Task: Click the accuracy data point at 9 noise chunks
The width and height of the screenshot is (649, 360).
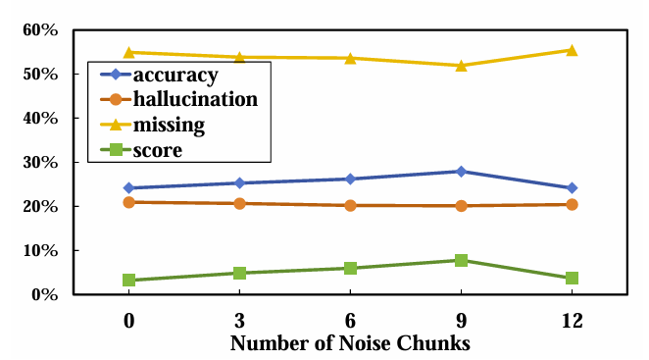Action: [x=461, y=172]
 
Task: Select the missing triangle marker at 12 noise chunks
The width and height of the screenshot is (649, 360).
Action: [x=572, y=50]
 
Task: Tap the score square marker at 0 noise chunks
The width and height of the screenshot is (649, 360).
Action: [x=128, y=280]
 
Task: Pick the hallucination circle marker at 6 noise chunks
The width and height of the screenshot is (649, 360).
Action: [x=350, y=205]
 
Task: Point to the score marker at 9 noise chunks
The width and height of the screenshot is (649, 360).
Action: [x=461, y=260]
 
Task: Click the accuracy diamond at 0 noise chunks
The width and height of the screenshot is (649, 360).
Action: [x=128, y=187]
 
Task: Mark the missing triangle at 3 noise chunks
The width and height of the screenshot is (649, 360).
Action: [x=239, y=57]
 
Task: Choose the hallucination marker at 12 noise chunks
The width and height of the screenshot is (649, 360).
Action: [x=572, y=204]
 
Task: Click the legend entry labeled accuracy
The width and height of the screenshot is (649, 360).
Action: [x=175, y=75]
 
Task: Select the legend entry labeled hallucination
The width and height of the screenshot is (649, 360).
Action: [x=195, y=99]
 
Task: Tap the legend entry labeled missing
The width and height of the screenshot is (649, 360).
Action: [x=169, y=125]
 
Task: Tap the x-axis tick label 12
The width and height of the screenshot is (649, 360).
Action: [x=572, y=320]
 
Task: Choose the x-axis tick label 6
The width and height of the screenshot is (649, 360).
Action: [x=350, y=320]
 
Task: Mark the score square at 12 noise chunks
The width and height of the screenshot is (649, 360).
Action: [x=572, y=278]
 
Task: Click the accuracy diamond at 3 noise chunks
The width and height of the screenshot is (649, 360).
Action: [x=239, y=182]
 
